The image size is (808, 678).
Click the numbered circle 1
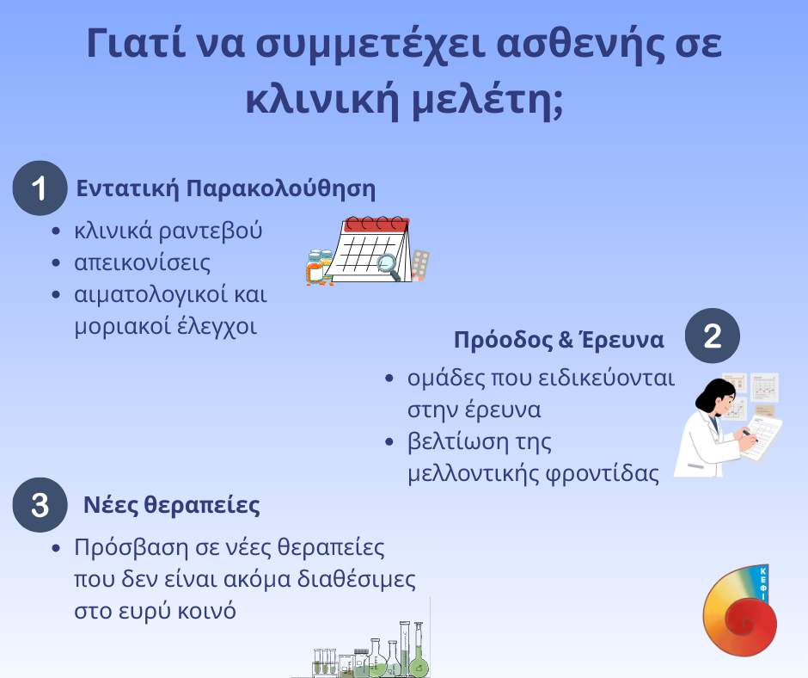(x=40, y=188)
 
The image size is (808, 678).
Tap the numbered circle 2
(x=712, y=336)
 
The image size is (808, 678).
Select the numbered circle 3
(x=40, y=505)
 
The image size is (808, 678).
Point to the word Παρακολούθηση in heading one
(x=280, y=188)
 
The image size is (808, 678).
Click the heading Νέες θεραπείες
(x=172, y=505)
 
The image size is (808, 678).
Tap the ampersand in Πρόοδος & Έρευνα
(x=566, y=340)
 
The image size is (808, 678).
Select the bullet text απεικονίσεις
(x=142, y=262)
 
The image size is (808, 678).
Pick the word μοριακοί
(x=122, y=326)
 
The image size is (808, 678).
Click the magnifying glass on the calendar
(x=388, y=266)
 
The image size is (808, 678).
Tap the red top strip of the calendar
(x=376, y=225)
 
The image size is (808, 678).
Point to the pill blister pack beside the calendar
(x=420, y=265)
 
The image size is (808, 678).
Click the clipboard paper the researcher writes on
(x=762, y=436)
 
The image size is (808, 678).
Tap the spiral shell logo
(x=740, y=611)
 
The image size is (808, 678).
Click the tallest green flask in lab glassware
(x=419, y=651)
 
